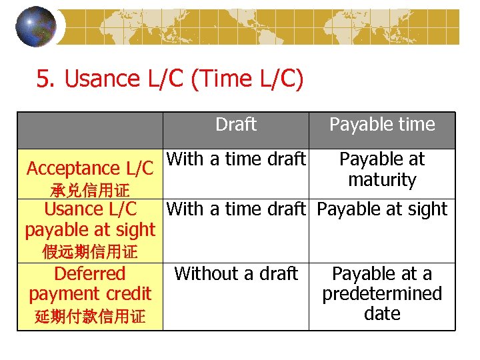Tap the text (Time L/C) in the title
click(x=247, y=79)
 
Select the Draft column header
click(x=236, y=125)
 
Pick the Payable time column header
click(x=382, y=125)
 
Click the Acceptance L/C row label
click(x=90, y=169)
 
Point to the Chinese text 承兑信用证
click(x=90, y=191)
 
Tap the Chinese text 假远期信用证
click(x=90, y=252)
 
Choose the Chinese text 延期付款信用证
click(x=90, y=316)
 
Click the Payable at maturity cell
click(x=382, y=169)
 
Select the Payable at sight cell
click(x=382, y=209)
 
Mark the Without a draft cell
click(x=236, y=273)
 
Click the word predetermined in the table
click(x=382, y=294)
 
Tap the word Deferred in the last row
click(x=90, y=274)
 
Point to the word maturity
click(x=382, y=180)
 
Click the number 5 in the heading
click(x=44, y=80)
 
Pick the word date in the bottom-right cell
click(x=382, y=313)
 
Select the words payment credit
click(x=90, y=294)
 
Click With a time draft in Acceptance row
click(x=236, y=159)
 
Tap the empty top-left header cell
click(x=90, y=130)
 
